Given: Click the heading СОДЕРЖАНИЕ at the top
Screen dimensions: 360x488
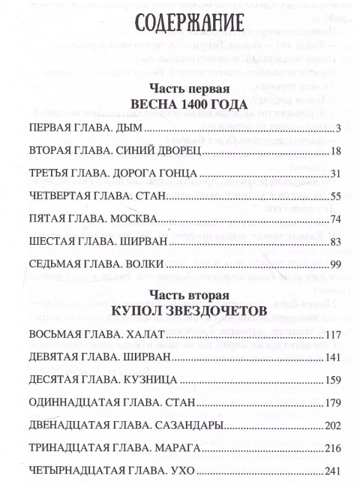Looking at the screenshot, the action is point(184,24).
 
